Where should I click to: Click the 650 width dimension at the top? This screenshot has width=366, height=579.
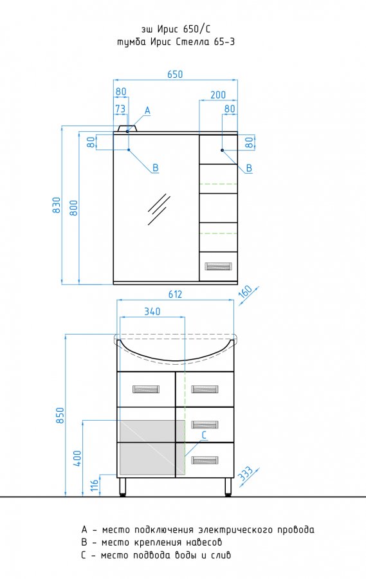[175, 74]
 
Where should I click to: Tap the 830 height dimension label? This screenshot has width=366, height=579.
[57, 205]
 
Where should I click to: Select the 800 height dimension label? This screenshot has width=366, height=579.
[74, 208]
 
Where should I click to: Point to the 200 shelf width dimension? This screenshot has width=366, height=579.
[218, 95]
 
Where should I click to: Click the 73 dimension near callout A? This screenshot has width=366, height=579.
[120, 109]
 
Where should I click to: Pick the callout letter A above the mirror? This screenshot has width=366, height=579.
[147, 110]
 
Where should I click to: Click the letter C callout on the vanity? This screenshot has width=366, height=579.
[204, 436]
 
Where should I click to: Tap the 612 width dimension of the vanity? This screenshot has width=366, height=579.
[175, 294]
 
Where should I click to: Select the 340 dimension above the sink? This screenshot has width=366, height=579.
[152, 311]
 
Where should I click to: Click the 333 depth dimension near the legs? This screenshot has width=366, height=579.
[245, 473]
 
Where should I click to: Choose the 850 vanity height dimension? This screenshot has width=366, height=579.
[60, 416]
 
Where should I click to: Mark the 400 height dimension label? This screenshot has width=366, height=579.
[77, 458]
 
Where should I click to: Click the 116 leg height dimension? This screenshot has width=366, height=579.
[95, 485]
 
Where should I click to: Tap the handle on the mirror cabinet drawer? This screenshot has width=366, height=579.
[218, 266]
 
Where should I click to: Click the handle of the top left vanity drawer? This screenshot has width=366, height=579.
[145, 389]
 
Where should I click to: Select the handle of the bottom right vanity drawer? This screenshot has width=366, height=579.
[205, 460]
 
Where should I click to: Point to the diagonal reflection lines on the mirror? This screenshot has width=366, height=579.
[159, 209]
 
